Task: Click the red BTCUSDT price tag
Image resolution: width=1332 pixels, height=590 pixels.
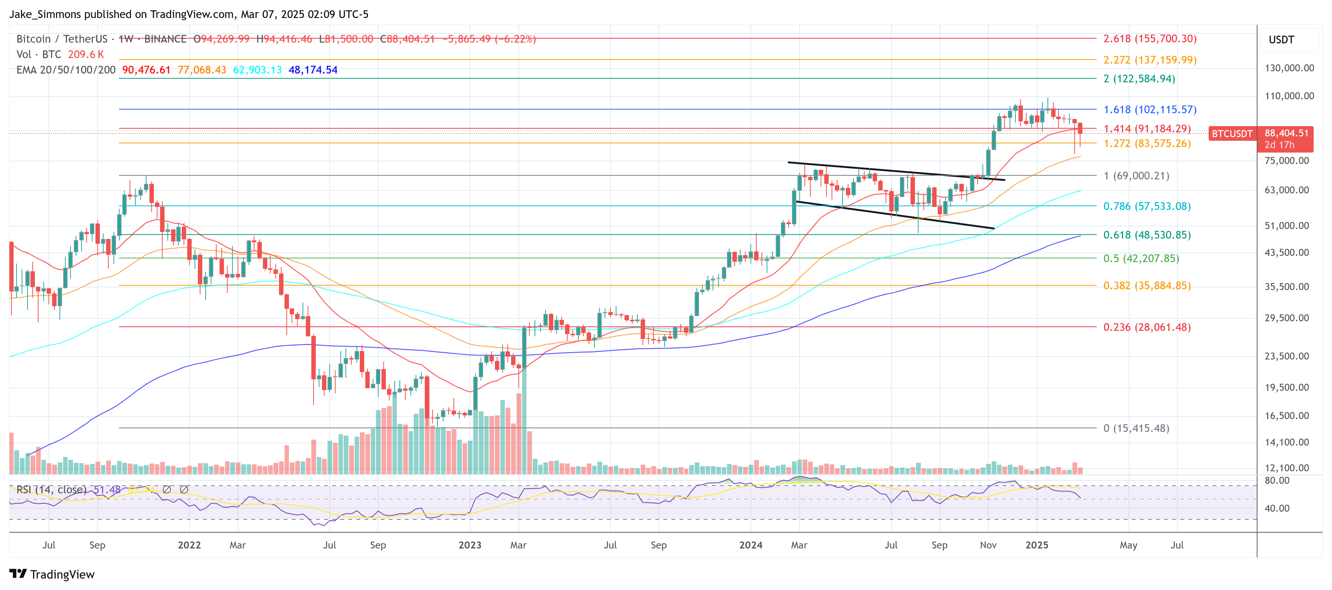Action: pos(1232,133)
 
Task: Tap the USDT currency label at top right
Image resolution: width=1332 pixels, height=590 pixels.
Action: pos(1281,40)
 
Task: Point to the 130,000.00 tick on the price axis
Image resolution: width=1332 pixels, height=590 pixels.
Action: pos(1289,68)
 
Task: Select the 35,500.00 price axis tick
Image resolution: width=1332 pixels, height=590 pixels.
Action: pos(1286,287)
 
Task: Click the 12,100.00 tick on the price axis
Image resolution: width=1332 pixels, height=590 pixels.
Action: pos(1286,468)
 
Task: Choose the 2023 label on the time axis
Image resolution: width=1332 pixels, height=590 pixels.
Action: pos(470,545)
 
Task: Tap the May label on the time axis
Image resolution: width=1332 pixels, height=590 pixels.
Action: pos(1128,545)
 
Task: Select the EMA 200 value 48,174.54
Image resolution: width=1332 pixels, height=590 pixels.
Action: pos(312,70)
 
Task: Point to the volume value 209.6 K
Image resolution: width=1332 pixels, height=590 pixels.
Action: pos(86,54)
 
